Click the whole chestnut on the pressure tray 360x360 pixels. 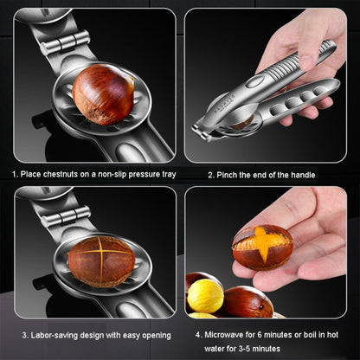pyautogui.click(x=103, y=94)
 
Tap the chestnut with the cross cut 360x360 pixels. pyautogui.click(x=101, y=261)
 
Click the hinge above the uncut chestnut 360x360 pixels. pyautogui.click(x=65, y=42)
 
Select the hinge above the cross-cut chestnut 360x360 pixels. pyautogui.click(x=66, y=216)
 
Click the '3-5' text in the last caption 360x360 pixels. pyautogui.click(x=246, y=349)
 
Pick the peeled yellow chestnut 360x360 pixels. pyautogui.click(x=205, y=296)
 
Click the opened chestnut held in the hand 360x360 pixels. pyautogui.click(x=262, y=247)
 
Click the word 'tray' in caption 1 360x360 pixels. pyautogui.click(x=169, y=175)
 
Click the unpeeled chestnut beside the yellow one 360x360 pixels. pyautogui.click(x=247, y=302)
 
